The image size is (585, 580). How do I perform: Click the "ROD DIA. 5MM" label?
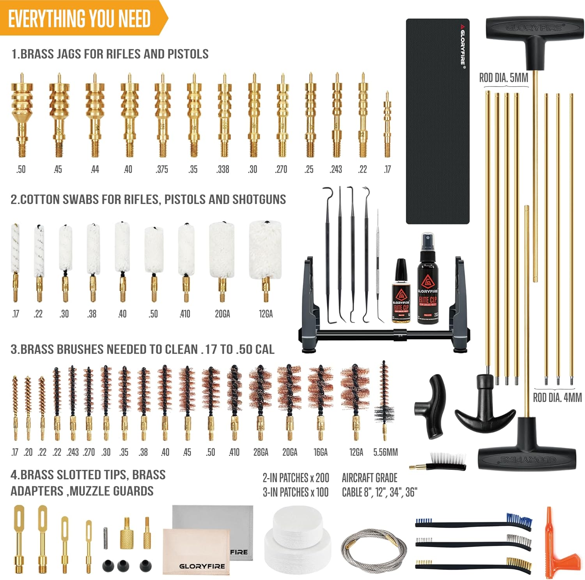coord(503,78)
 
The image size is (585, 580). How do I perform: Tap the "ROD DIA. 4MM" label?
coord(557,398)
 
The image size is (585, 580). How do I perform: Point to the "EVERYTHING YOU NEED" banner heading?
coord(80,19)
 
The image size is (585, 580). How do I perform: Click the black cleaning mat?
coord(437,121)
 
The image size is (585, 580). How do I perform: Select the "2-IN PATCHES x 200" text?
coord(296,478)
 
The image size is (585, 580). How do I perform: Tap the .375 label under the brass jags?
coord(162,169)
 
